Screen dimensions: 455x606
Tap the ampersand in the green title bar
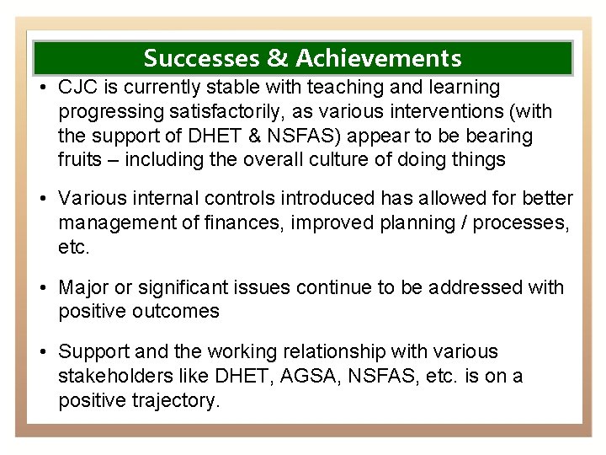(277, 58)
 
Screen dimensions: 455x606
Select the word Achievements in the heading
(378, 58)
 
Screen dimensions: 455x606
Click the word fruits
(80, 160)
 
